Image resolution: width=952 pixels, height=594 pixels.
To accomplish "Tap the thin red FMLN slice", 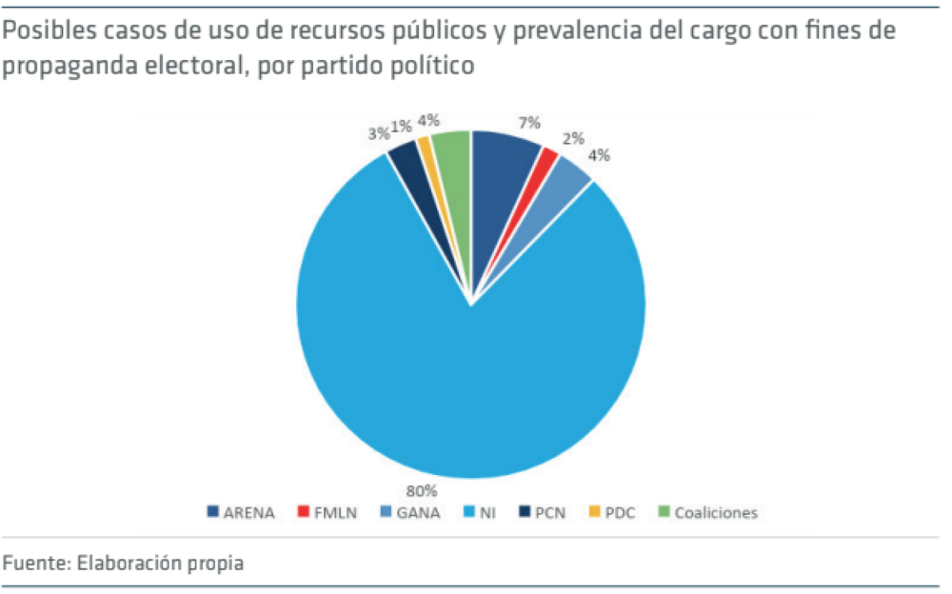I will [545, 163].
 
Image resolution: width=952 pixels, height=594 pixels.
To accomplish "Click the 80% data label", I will [422, 491].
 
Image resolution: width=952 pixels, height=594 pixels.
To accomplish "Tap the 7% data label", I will [529, 122].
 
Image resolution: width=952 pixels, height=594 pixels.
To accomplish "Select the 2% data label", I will [573, 138].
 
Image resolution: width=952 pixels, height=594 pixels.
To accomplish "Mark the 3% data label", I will [378, 133].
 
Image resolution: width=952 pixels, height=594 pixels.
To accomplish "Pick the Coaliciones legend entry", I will [708, 513].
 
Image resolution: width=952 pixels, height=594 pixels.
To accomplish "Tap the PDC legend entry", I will [618, 513].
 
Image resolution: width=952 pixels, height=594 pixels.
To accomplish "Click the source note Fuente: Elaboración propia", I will [123, 563].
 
